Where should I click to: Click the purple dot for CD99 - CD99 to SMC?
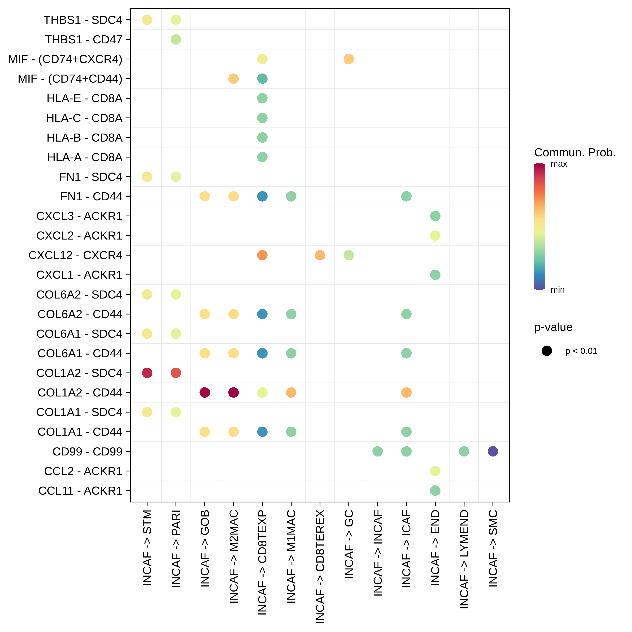[493, 451]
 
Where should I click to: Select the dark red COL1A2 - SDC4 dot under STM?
[147, 373]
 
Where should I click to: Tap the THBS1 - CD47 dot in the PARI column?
[176, 40]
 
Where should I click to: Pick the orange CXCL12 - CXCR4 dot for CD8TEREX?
[320, 255]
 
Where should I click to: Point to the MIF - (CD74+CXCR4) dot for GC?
[349, 59]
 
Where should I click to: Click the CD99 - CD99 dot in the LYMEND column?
[464, 451]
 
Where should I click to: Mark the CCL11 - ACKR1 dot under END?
[435, 491]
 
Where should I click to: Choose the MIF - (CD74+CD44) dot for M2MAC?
[234, 79]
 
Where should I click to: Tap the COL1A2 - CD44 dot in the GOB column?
[205, 392]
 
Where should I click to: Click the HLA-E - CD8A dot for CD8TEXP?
[262, 98]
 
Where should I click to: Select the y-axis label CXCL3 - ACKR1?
[79, 216]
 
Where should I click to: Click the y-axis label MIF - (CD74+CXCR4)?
[65, 59]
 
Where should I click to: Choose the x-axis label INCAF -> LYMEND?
[464, 559]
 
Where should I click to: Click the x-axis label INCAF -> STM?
[147, 548]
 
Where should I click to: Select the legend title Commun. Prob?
[575, 153]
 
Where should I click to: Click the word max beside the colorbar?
[559, 164]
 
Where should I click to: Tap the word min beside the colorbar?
[557, 290]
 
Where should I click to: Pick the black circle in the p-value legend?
[547, 351]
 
